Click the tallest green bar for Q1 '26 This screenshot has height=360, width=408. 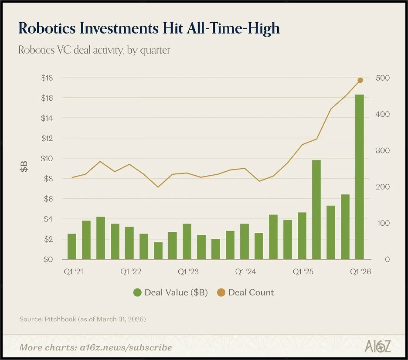point(360,177)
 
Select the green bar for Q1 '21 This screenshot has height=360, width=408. point(72,246)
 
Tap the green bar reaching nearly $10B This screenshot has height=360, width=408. point(316,210)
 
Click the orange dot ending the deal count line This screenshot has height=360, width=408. point(360,80)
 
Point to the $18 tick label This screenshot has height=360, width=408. point(47,78)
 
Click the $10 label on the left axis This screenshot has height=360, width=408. point(47,158)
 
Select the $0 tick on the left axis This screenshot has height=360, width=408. point(48,259)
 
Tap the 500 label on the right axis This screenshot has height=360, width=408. point(383,78)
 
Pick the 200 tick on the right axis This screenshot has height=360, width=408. point(383,187)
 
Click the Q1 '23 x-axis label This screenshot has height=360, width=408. point(188,272)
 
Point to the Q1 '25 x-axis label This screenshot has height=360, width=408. point(303,272)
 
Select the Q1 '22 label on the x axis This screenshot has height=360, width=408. point(131,272)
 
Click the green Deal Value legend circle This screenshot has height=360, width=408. point(137,292)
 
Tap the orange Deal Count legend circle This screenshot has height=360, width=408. point(221,292)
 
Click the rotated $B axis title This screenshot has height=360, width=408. point(24,166)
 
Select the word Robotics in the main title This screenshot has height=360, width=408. point(47,28)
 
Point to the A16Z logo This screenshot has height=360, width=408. point(377,346)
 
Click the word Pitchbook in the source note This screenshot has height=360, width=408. point(60,319)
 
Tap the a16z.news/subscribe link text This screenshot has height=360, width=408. point(126,347)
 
